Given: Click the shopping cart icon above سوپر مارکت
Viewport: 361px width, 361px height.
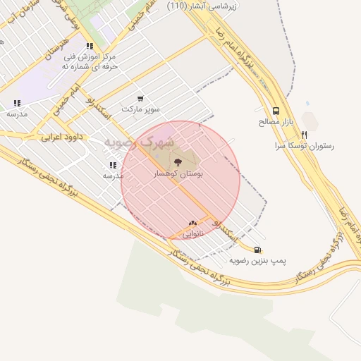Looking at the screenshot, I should coord(140,99).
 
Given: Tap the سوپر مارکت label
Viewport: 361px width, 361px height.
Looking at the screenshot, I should coord(141,109).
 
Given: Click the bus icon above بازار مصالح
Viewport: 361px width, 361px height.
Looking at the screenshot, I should coord(275,111).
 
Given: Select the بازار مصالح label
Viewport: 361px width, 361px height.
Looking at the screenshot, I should coord(275,122).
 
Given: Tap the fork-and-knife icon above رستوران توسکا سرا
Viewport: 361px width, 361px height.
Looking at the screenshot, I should coord(305,134).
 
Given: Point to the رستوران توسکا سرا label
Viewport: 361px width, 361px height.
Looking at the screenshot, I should coord(305,146).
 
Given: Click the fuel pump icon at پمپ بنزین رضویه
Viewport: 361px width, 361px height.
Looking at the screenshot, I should coord(257,249).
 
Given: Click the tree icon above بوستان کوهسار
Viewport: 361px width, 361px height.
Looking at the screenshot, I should coord(177,162).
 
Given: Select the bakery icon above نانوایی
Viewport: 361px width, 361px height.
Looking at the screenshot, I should coord(192,223).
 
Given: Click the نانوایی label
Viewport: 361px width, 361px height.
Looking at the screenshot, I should coord(193,233).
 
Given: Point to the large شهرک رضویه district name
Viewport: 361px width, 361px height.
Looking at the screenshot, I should coord(139,141).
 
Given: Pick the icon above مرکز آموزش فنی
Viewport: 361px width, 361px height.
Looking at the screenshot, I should coord(90,46).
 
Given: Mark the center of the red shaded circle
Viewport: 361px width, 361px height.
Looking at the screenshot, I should coord(180,180).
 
